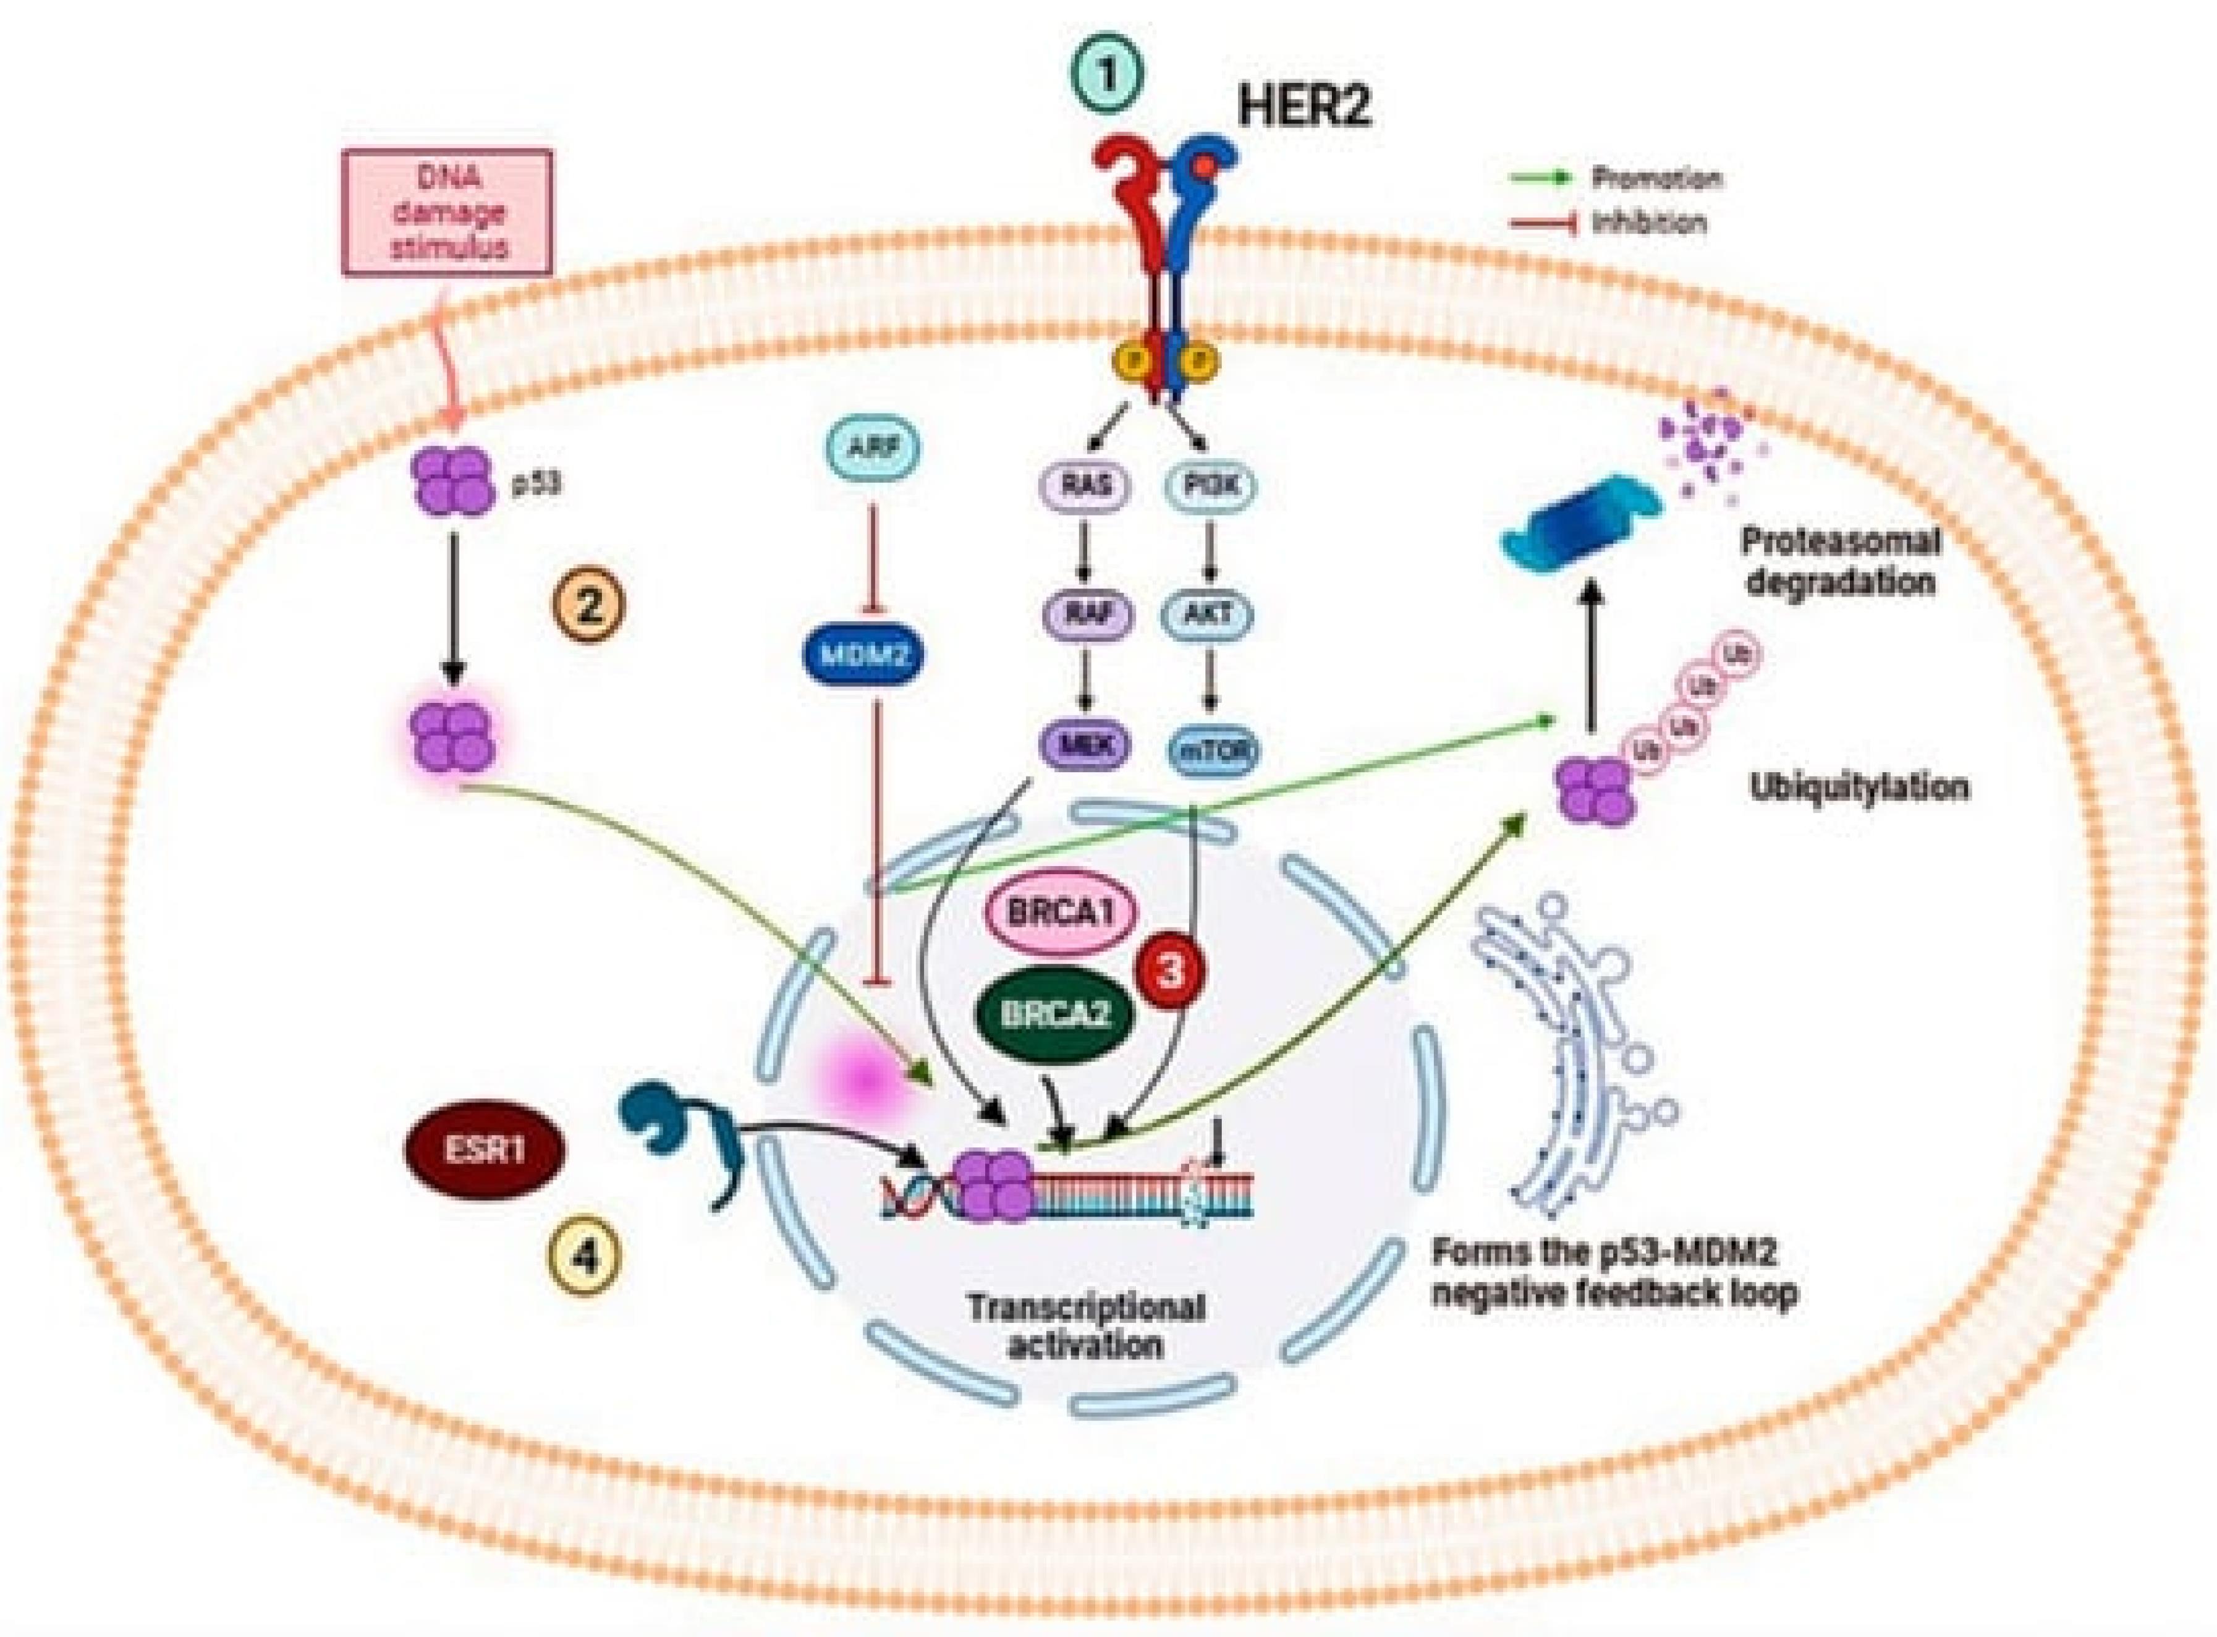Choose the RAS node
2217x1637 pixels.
coord(1085,485)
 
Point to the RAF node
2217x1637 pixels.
coord(1085,615)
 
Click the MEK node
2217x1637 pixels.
coord(1085,745)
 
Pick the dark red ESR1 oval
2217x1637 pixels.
coord(485,1150)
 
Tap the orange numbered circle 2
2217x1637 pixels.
coord(590,603)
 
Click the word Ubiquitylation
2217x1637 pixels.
coord(1859,788)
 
